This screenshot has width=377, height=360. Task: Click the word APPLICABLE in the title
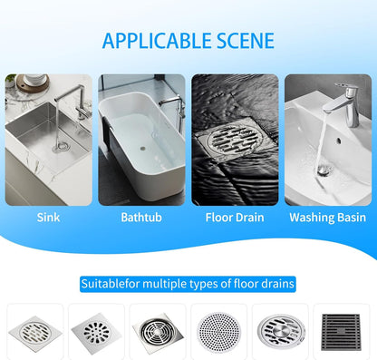[x=158, y=40]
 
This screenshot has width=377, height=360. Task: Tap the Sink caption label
[x=49, y=217]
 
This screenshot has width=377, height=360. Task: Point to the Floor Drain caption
[x=233, y=217]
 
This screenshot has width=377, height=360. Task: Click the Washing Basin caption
[x=326, y=217]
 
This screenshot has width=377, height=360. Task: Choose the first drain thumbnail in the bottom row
[x=35, y=329]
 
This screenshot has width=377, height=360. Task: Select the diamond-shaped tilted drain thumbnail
[x=97, y=329]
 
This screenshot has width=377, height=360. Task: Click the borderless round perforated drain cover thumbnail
[x=217, y=329]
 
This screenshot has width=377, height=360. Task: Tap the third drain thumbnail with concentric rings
[x=157, y=329]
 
